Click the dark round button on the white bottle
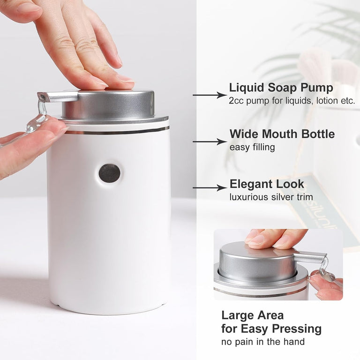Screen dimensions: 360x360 click(110, 173)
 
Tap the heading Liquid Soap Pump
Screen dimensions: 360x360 click(281, 88)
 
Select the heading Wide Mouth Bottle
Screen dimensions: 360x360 click(282, 134)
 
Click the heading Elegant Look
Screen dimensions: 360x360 click(267, 184)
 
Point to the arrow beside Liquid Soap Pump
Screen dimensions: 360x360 click(210, 95)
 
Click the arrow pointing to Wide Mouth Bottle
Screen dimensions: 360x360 click(210, 142)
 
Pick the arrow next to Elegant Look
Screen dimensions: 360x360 click(210, 188)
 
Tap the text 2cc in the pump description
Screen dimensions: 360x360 click(236, 101)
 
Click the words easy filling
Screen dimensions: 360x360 click(252, 147)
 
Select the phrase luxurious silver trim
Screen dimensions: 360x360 click(271, 197)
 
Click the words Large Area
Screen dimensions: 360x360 click(253, 315)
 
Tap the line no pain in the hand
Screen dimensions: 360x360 click(263, 342)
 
